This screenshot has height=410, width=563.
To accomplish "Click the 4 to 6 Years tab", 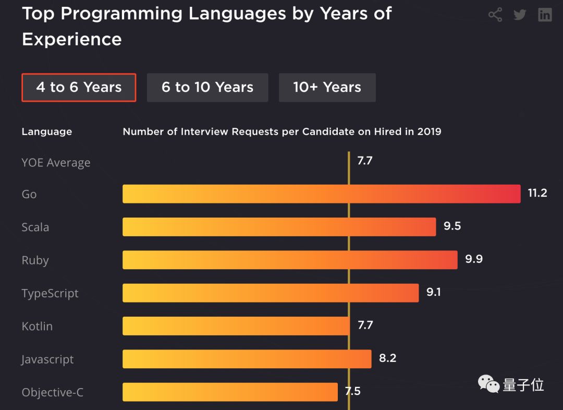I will [79, 88].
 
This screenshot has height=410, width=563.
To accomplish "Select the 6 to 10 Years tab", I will [207, 88].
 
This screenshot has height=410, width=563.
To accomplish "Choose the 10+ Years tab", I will [327, 88].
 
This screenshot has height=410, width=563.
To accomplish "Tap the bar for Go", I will [321, 194].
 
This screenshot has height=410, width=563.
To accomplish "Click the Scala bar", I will [279, 227].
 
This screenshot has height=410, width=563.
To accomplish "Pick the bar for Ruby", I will [290, 260].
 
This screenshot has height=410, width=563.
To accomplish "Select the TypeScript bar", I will [271, 293].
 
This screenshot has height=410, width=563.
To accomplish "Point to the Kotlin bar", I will [236, 326].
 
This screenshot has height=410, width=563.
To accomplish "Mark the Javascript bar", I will [247, 359].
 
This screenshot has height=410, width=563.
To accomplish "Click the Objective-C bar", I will [230, 392].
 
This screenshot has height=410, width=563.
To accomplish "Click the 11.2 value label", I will [537, 194].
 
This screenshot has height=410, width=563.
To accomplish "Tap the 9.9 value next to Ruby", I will [474, 259].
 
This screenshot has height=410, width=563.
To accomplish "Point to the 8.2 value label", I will [388, 358].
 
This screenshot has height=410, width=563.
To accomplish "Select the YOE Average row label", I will [56, 163].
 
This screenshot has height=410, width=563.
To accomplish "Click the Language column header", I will [47, 132].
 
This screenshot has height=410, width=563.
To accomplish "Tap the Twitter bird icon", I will [520, 15].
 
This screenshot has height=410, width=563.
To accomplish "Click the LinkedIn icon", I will [545, 15].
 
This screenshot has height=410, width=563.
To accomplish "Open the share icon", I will [495, 15].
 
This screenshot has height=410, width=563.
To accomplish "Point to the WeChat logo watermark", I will [488, 385].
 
